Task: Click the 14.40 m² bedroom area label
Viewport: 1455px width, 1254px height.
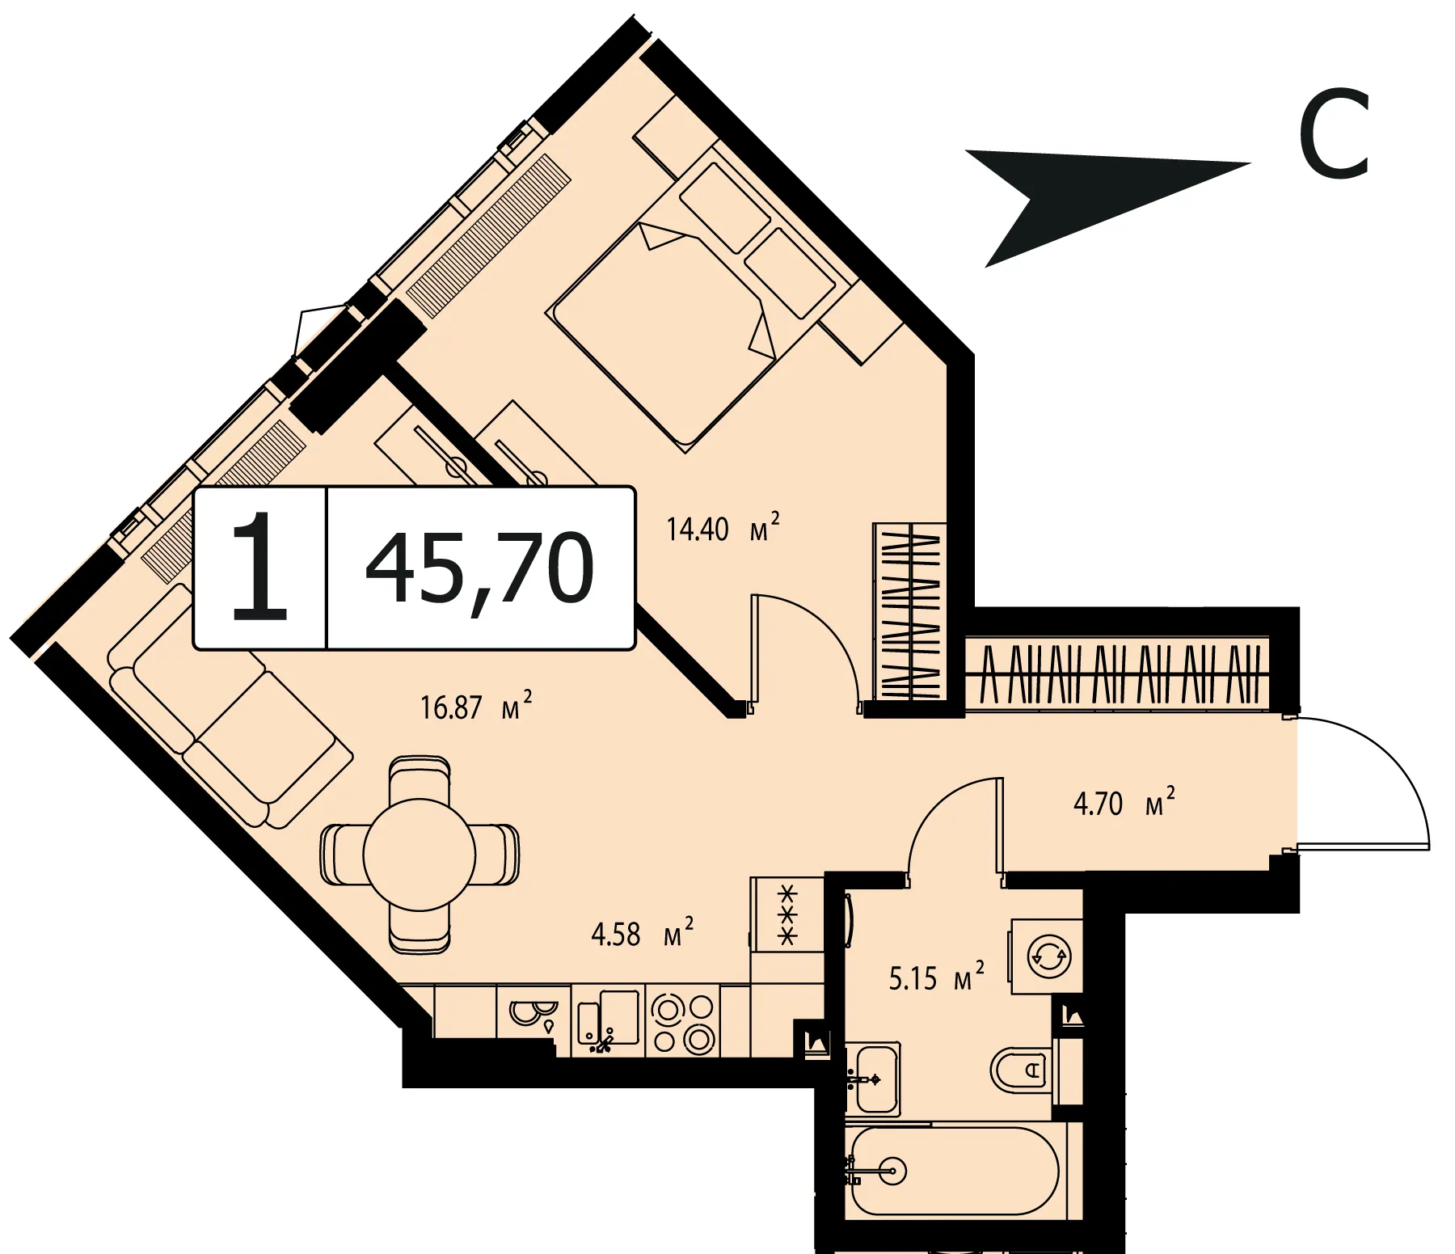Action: [x=723, y=528]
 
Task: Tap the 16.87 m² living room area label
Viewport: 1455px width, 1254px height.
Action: [x=476, y=706]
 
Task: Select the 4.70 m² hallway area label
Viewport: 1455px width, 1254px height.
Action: [x=1124, y=803]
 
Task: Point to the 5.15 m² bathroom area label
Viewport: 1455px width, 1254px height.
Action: [x=937, y=977]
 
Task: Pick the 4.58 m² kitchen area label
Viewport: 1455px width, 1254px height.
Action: [x=642, y=933]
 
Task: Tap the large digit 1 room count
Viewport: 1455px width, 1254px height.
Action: [x=259, y=566]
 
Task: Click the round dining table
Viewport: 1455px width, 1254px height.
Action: [x=420, y=855]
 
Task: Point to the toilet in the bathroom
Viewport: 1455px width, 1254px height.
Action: [x=1023, y=1070]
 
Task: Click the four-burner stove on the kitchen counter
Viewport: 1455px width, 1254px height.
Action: [x=684, y=1022]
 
